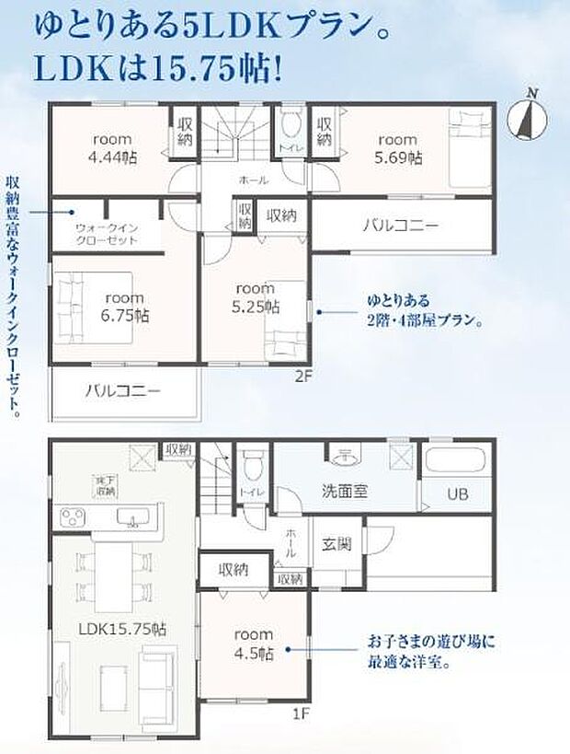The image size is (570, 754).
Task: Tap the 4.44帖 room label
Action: (115, 148)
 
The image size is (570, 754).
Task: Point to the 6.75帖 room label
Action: (125, 307)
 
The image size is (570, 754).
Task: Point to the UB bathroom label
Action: (458, 494)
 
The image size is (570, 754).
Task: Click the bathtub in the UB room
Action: (457, 459)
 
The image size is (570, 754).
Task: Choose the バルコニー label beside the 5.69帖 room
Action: (400, 224)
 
